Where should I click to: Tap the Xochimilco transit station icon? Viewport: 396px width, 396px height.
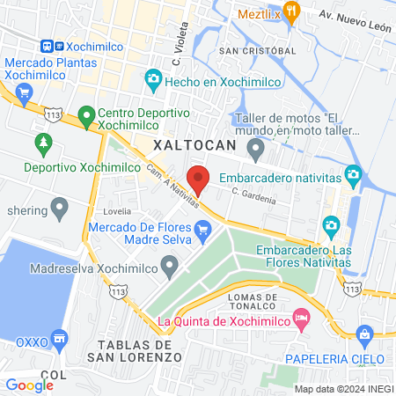tap(50, 47)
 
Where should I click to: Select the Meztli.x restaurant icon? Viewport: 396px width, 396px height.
tap(294, 12)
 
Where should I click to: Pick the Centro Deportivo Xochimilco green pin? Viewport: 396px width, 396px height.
tap(86, 114)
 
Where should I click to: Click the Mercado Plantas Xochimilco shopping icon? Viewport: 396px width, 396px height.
tap(25, 92)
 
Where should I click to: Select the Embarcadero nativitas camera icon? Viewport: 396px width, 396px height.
tap(353, 174)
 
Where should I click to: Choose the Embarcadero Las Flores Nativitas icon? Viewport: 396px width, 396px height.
tap(331, 224)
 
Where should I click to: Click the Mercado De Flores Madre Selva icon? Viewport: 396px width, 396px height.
tap(203, 232)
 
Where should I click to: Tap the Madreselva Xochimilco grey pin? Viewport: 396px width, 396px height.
tap(171, 265)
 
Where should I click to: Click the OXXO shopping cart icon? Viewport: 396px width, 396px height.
tap(59, 338)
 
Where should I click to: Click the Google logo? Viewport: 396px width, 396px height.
tap(29, 385)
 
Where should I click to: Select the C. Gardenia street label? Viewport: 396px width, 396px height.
tap(253, 194)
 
